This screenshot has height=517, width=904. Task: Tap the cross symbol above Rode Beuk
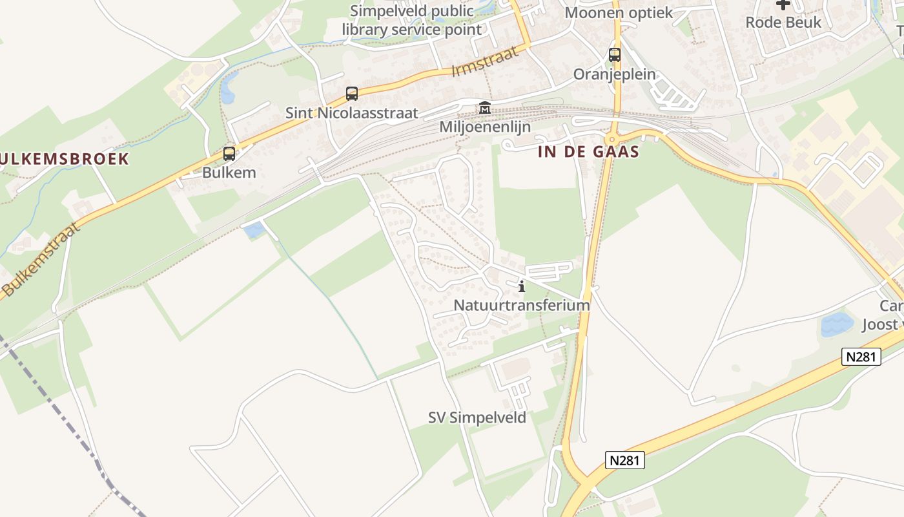click(783, 5)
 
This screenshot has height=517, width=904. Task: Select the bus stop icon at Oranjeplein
click(614, 55)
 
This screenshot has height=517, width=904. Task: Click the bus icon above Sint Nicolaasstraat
click(351, 94)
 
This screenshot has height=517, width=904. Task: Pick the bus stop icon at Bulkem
click(229, 154)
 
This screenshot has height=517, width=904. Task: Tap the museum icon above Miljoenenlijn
click(484, 108)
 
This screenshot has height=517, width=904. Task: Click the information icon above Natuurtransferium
click(522, 286)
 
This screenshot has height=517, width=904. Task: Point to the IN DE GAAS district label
click(588, 152)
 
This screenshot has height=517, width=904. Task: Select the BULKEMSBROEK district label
click(65, 158)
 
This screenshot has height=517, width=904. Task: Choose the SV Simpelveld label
click(477, 417)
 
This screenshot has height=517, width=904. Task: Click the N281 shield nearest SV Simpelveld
click(625, 460)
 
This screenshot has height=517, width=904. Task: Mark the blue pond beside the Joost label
click(837, 324)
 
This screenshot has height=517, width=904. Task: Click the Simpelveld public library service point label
click(411, 20)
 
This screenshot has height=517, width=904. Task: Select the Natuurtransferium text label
click(522, 305)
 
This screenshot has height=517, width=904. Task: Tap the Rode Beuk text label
click(783, 23)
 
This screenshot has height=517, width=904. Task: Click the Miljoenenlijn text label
click(485, 127)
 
